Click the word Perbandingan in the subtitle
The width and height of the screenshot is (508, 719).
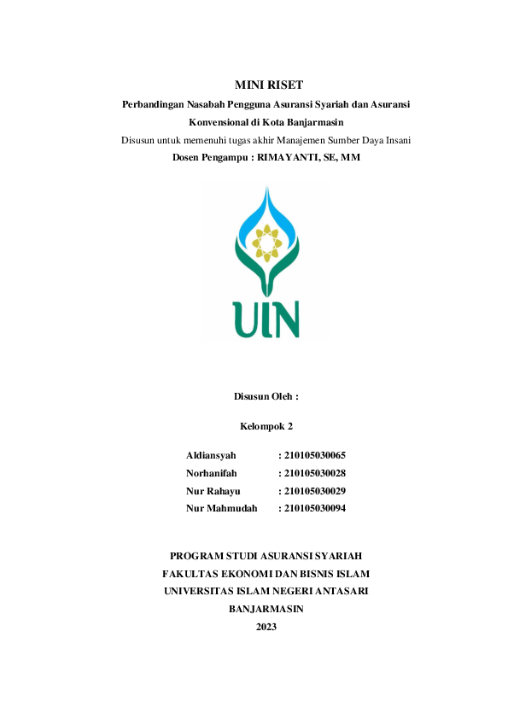click(155, 104)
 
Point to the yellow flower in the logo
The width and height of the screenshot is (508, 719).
click(267, 243)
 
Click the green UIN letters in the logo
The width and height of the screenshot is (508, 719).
click(266, 317)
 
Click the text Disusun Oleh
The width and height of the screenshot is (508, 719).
click(266, 397)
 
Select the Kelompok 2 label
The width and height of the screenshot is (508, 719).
click(266, 425)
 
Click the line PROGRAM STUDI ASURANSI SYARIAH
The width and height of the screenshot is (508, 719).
click(266, 555)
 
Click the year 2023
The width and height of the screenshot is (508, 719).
click(266, 627)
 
